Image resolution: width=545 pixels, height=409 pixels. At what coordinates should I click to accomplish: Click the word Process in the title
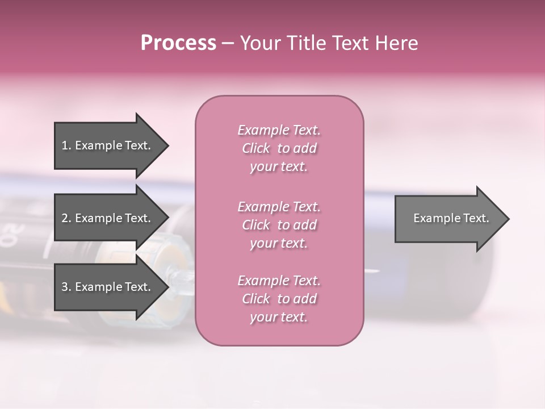(x=178, y=43)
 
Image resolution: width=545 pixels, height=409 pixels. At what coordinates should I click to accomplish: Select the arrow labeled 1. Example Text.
(x=105, y=145)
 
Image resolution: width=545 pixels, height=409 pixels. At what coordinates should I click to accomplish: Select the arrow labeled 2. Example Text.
(x=105, y=218)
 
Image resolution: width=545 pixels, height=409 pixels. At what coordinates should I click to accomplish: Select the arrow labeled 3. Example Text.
(x=105, y=287)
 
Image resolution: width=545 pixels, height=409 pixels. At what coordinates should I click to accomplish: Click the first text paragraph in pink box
(x=279, y=148)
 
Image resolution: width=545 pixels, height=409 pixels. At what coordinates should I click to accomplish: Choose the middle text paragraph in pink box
(x=279, y=225)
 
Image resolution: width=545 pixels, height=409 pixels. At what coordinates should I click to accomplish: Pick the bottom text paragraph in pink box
(x=279, y=299)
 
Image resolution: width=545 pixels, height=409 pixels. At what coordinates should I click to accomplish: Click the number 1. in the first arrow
(x=66, y=146)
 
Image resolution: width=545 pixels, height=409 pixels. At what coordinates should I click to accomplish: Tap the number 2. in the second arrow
(x=66, y=219)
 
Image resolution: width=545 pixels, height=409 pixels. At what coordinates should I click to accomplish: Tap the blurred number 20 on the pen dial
(x=12, y=232)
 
